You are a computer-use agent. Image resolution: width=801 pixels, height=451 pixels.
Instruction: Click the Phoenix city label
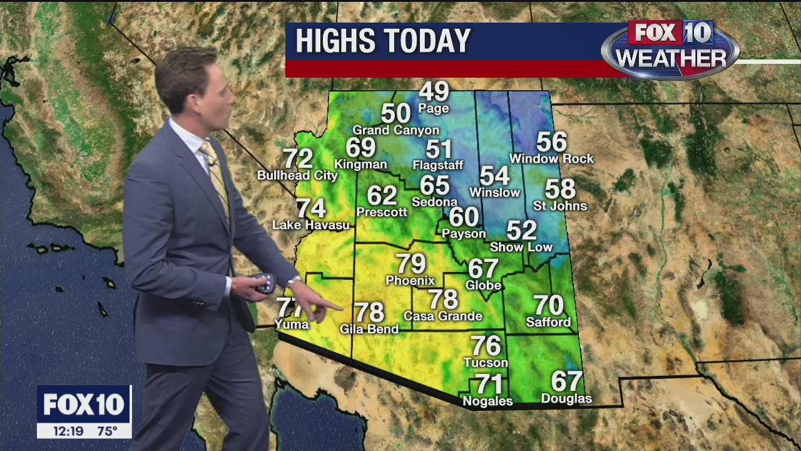[x=411, y=281]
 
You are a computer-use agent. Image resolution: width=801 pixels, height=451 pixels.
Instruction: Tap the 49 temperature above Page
[x=434, y=91]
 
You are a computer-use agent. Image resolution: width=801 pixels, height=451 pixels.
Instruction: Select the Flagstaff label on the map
[x=438, y=165]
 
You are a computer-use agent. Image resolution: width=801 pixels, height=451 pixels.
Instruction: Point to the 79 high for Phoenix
[x=411, y=264]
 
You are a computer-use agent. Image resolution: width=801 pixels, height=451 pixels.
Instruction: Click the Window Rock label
[x=551, y=159]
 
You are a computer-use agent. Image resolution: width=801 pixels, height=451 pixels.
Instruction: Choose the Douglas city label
[x=566, y=399]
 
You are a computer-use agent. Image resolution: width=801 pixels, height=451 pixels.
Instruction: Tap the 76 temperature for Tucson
[x=486, y=346]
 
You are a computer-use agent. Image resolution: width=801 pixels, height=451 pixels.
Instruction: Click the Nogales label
[x=487, y=402]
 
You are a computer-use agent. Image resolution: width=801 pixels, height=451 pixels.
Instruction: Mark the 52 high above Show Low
[x=521, y=231]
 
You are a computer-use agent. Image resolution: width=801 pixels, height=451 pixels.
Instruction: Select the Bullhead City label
[x=297, y=176]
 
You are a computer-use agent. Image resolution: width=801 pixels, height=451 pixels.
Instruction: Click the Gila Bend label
[x=369, y=329]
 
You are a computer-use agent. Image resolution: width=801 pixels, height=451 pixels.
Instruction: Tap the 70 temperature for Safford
[x=548, y=306]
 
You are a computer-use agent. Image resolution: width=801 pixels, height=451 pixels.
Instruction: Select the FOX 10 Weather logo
[x=670, y=49]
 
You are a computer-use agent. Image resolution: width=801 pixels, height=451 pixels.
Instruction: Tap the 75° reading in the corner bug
[x=107, y=431]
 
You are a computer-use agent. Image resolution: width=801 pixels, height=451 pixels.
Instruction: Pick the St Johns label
[x=560, y=206]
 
